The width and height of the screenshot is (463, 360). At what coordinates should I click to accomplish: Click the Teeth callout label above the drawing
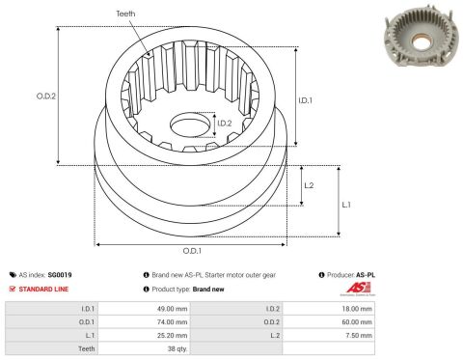pyautogui.click(x=125, y=14)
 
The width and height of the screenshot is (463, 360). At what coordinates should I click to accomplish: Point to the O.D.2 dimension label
pyautogui.click(x=46, y=96)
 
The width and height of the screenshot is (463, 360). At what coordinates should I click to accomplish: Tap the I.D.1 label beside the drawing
pyautogui.click(x=305, y=100)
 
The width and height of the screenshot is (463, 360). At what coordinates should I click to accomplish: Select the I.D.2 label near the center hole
pyautogui.click(x=225, y=124)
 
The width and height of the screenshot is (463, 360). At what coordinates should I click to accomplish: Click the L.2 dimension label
pyautogui.click(x=309, y=185)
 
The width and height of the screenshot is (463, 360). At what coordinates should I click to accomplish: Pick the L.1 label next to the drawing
pyautogui.click(x=346, y=205)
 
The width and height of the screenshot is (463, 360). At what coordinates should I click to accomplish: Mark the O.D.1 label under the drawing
pyautogui.click(x=192, y=251)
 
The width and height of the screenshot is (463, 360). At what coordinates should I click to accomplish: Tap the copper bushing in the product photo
pyautogui.click(x=421, y=42)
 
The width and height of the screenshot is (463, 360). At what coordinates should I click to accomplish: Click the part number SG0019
pyautogui.click(x=60, y=275)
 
